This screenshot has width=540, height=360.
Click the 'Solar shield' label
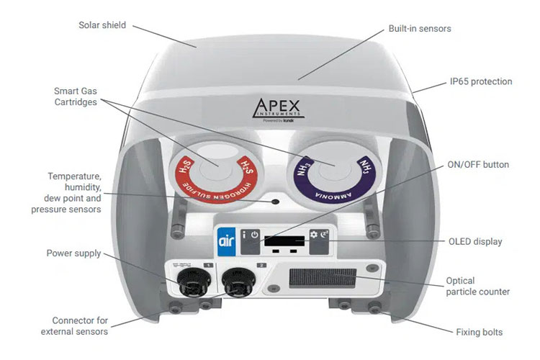click(102, 25)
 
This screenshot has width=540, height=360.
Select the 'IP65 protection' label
click(480, 82)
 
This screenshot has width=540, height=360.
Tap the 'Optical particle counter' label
click(477, 286)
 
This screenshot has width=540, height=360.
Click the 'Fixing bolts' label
click(479, 333)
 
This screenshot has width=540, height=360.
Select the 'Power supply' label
click(73, 253)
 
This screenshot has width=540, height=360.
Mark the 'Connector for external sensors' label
click(80, 326)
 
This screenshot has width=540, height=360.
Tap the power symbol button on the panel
click(255, 235)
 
